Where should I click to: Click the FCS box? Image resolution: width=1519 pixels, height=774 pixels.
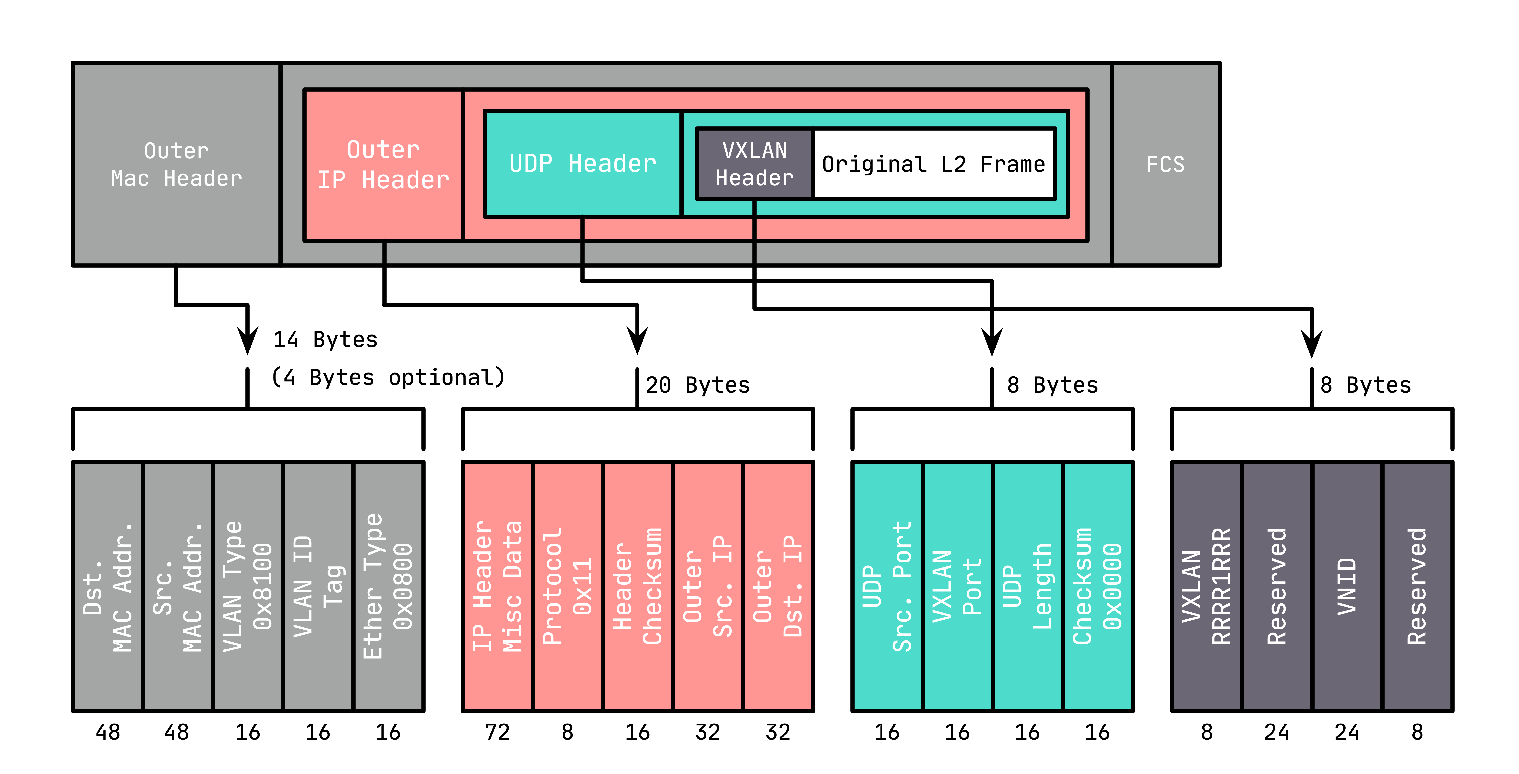pyautogui.click(x=1165, y=164)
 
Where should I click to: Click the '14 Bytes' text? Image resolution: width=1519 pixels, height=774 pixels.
pyautogui.click(x=325, y=340)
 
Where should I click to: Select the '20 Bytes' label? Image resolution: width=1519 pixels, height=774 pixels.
pyautogui.click(x=698, y=385)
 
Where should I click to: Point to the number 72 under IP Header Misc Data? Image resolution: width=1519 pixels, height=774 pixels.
pyautogui.click(x=497, y=732)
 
